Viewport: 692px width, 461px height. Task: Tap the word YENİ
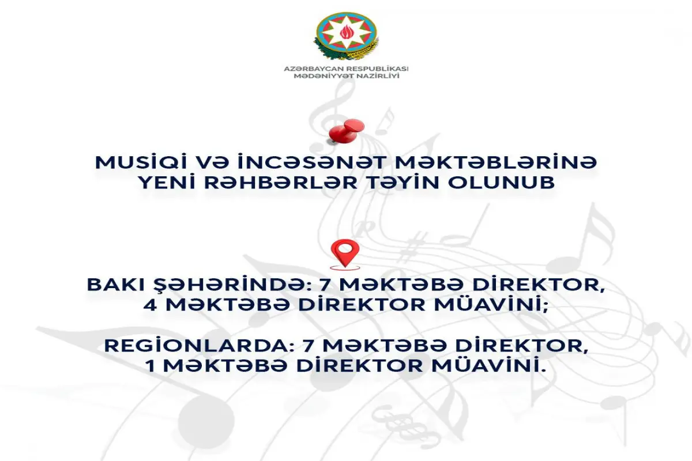coord(167,182)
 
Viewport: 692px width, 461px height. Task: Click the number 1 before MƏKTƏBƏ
coord(151,366)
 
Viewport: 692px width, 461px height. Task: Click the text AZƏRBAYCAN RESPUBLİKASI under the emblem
coord(346,69)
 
